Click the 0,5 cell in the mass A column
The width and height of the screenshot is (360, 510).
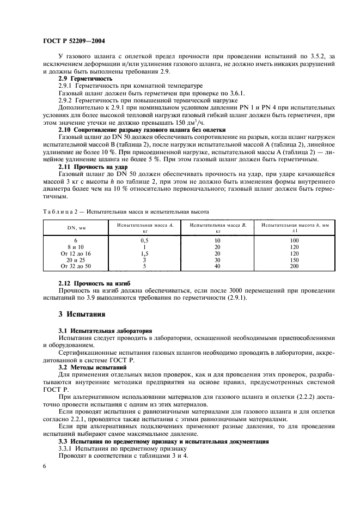click(145, 240)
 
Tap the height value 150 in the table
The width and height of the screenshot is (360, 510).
click(295, 260)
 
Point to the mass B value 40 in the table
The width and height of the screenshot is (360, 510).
click(217, 266)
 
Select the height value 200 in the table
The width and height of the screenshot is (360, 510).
click(295, 266)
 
